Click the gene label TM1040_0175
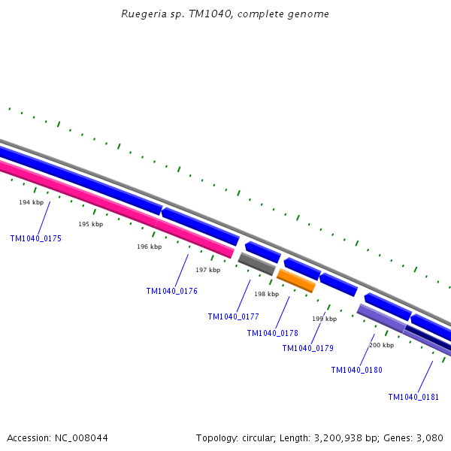pos(36,238)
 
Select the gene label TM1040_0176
pos(172,291)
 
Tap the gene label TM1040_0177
pos(234,316)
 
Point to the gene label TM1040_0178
pos(273,333)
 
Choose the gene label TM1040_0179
pos(308,348)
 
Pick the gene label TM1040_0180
pos(357,370)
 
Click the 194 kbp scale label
pos(32,202)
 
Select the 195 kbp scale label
pos(91,224)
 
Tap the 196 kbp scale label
pos(150,247)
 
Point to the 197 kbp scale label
pos(208,270)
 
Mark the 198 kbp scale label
pos(266,294)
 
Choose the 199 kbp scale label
pos(325,319)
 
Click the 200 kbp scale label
pos(382,345)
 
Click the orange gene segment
pos(295,280)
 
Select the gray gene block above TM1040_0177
pos(256,264)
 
